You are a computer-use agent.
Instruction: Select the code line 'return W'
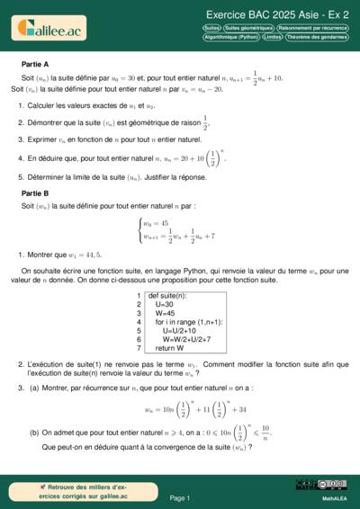169,348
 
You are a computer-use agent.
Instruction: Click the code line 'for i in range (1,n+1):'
189,321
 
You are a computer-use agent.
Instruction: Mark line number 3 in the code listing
139,313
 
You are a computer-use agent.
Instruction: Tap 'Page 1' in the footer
179,497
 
